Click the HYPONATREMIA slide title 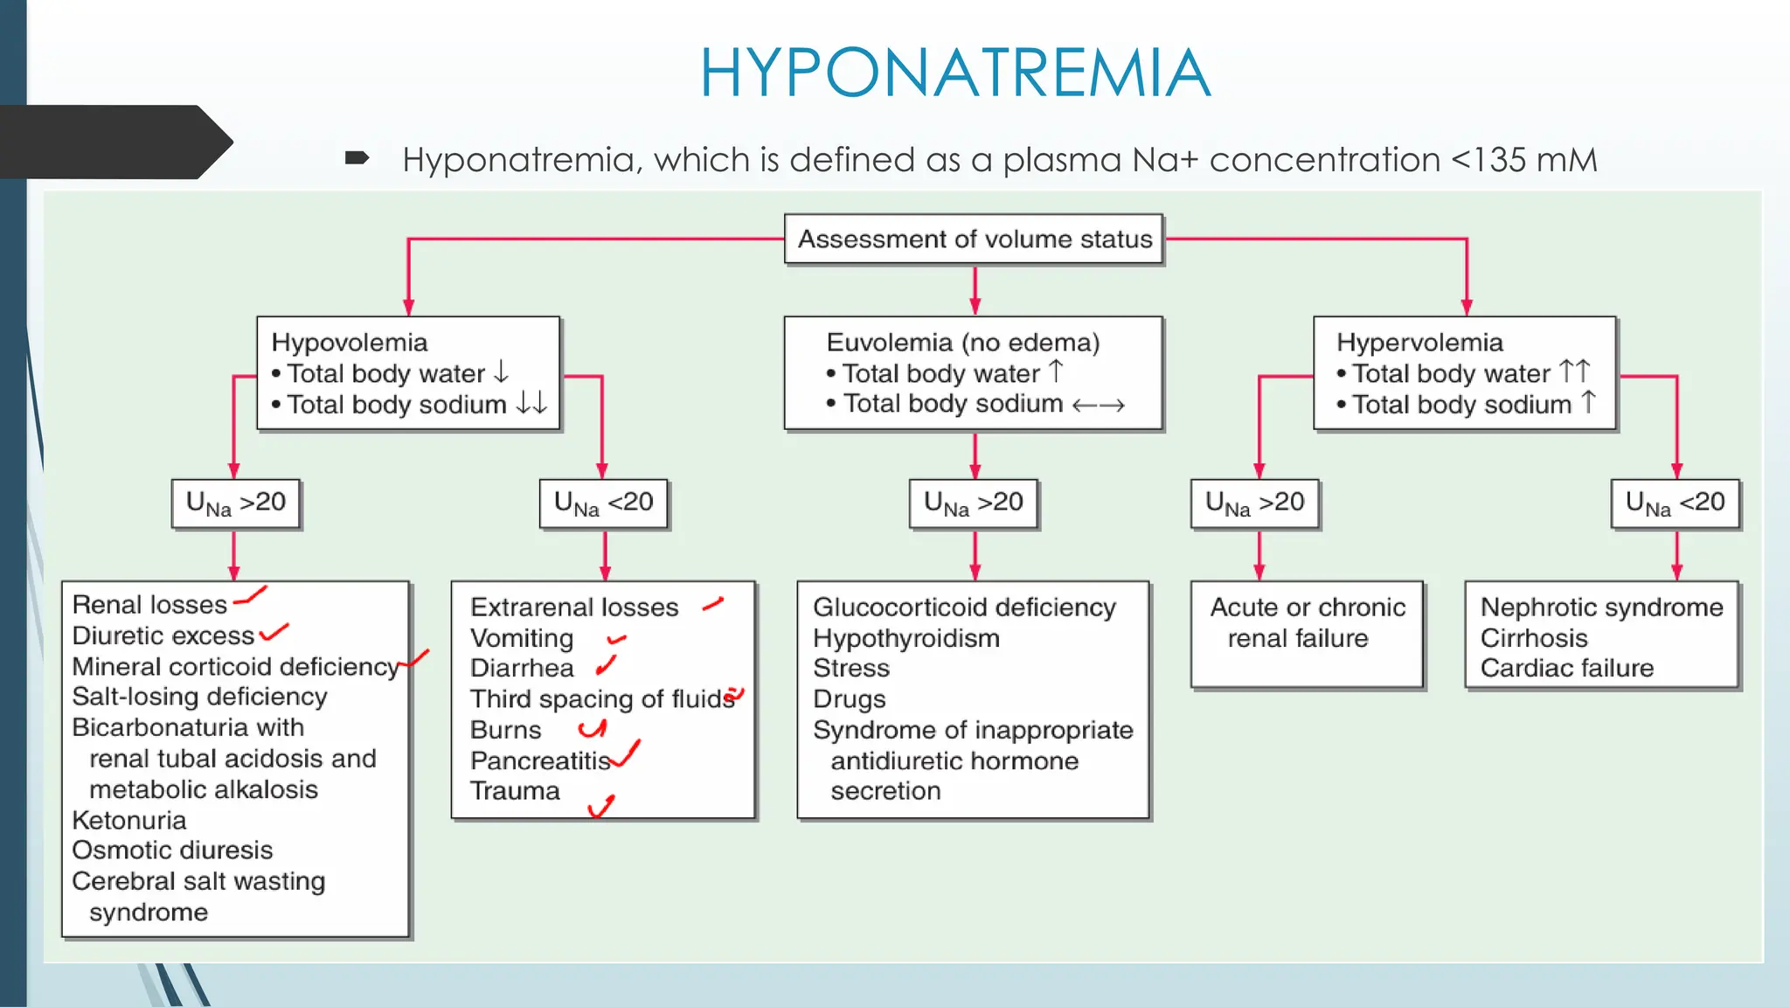pos(954,73)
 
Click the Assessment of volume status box pos(974,239)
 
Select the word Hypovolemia pos(349,343)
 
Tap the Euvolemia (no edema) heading pos(962,343)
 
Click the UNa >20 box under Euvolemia pos(973,503)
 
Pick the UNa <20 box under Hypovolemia pos(603,503)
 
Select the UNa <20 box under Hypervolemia pos(1675,503)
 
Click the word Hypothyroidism pos(905,639)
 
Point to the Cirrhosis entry pos(1533,639)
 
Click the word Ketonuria pos(129,821)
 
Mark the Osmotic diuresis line pos(172,851)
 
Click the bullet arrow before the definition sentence pos(357,158)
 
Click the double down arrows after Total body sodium pos(531,403)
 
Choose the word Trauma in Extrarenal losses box pos(515,791)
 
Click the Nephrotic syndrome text pos(1601,608)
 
